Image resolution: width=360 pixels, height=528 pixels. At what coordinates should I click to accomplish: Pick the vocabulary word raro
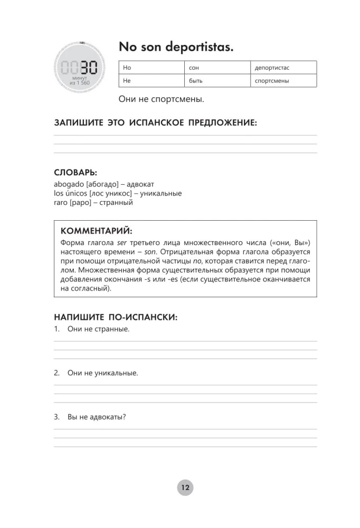(x=61, y=202)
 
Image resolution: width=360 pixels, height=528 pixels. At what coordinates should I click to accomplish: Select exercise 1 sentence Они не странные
(x=98, y=329)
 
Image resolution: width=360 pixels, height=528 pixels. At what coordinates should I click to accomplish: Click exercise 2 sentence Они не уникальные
(x=102, y=373)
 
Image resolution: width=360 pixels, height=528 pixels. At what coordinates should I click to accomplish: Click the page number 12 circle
(x=185, y=487)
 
